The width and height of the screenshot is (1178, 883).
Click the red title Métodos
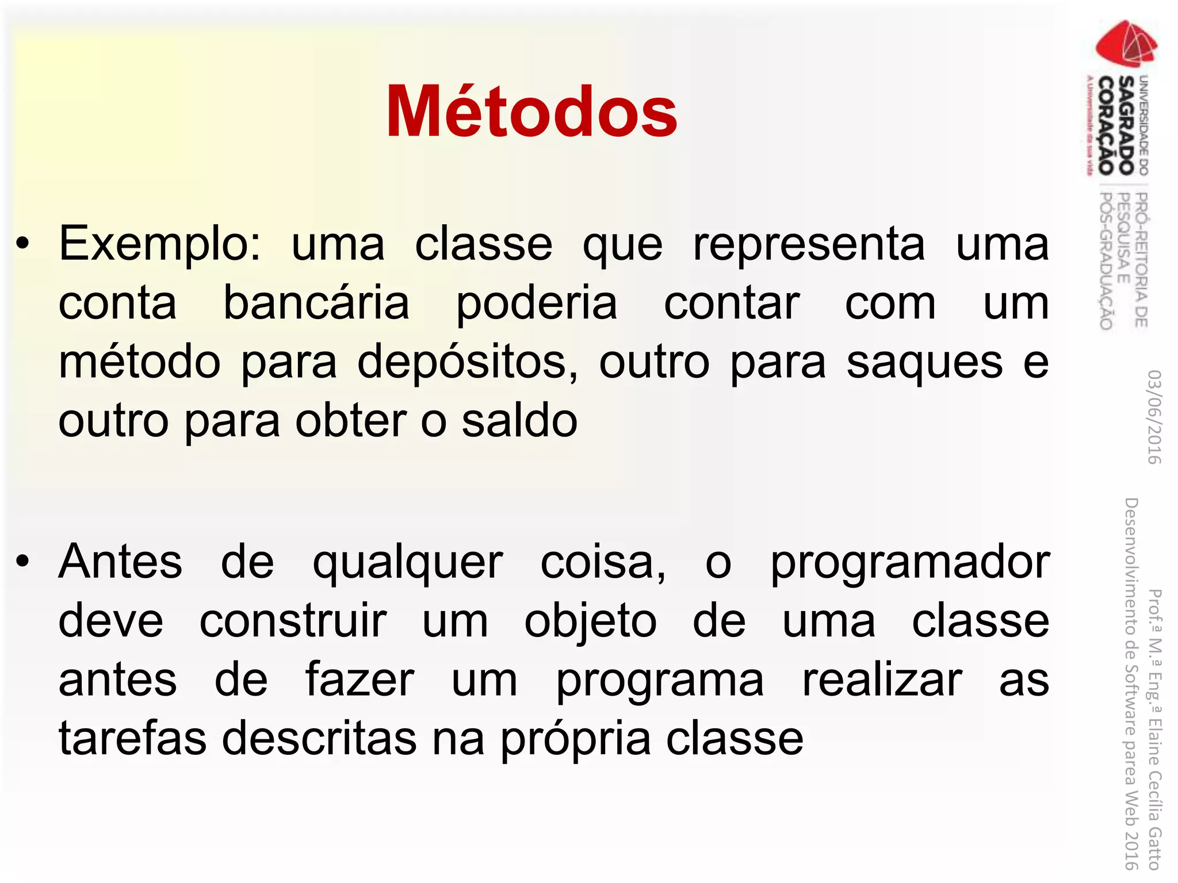[x=531, y=112]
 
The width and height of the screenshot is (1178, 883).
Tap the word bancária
[x=316, y=303]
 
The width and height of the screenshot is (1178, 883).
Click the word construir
[x=293, y=621]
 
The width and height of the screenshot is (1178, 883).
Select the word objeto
[x=590, y=623]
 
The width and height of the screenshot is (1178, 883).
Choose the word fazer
[x=359, y=680]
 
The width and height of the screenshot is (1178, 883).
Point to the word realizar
[x=882, y=680]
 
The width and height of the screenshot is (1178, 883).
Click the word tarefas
[x=132, y=738]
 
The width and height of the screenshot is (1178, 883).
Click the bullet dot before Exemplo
[x=22, y=244]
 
